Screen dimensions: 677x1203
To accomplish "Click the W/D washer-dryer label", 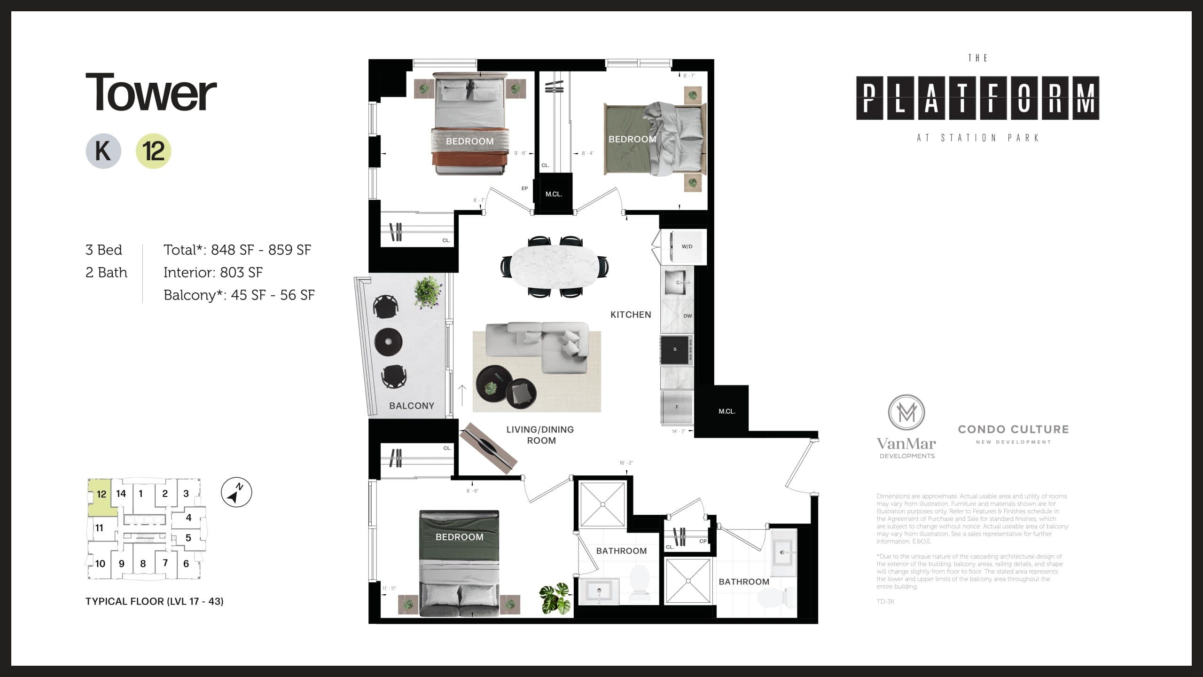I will pyautogui.click(x=687, y=246).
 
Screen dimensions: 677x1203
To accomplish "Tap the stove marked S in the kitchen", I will pyautogui.click(x=676, y=349).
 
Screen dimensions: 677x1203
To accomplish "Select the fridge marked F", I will pyautogui.click(x=677, y=407).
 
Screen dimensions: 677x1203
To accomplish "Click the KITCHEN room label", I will pyautogui.click(x=630, y=315).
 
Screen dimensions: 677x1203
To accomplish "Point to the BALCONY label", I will pyautogui.click(x=411, y=406).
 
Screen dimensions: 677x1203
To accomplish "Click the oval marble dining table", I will pyautogui.click(x=555, y=266).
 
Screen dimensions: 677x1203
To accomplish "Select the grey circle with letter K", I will pyautogui.click(x=103, y=151).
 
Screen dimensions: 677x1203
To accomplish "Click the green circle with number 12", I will pyautogui.click(x=153, y=151).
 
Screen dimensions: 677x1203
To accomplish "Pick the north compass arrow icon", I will pyautogui.click(x=236, y=493).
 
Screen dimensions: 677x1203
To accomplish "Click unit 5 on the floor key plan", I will pyautogui.click(x=188, y=538).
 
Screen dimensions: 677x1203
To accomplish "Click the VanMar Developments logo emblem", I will pyautogui.click(x=906, y=412).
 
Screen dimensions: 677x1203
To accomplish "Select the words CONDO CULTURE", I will pyautogui.click(x=1013, y=429).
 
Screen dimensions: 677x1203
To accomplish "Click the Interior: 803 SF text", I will pyautogui.click(x=213, y=272).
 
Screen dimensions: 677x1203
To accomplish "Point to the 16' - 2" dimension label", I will pyautogui.click(x=626, y=463).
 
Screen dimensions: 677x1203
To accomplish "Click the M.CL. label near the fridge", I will pyautogui.click(x=726, y=411).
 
